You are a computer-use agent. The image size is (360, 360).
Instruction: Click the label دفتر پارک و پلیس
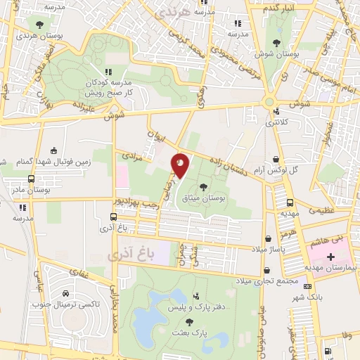[x=191, y=308]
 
